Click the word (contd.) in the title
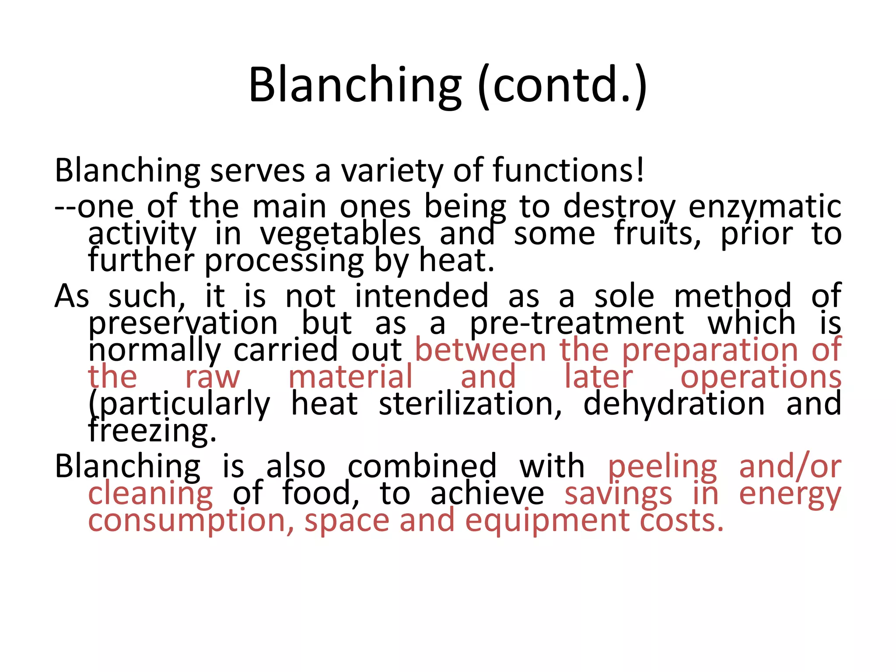(x=562, y=85)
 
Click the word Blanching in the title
(x=355, y=85)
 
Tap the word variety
(x=392, y=171)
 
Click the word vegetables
(x=341, y=234)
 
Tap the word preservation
(x=183, y=324)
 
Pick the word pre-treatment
(x=577, y=324)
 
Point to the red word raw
(x=213, y=378)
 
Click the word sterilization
(x=470, y=404)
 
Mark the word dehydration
(x=674, y=404)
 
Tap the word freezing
(x=152, y=432)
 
